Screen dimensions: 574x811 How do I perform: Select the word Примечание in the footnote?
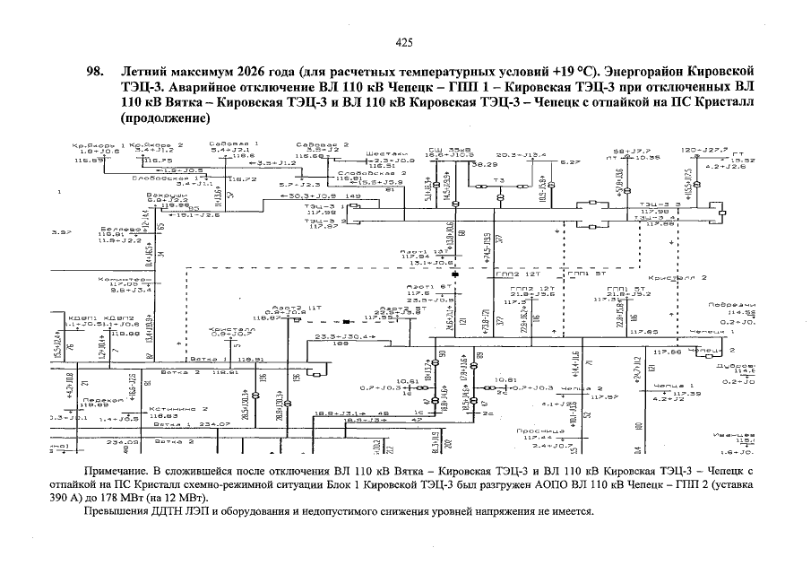pyautogui.click(x=113, y=470)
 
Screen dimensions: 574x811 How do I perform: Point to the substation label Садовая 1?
pyautogui.click(x=232, y=143)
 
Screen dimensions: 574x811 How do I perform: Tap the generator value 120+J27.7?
pyautogui.click(x=703, y=150)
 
